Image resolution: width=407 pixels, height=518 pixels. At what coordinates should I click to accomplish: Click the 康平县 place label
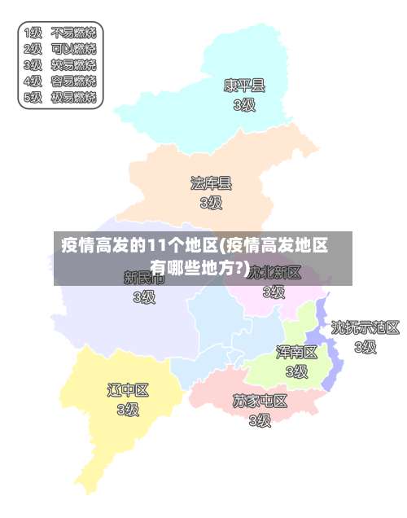pyautogui.click(x=244, y=85)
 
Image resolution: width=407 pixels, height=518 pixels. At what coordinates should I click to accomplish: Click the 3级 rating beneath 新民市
pyautogui.click(x=144, y=297)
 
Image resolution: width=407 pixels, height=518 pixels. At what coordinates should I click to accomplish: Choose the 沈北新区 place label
pyautogui.click(x=275, y=271)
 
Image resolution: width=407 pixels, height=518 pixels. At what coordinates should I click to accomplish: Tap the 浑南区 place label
pyautogui.click(x=296, y=352)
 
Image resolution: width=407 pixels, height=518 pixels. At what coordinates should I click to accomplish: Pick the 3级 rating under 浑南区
pyautogui.click(x=296, y=371)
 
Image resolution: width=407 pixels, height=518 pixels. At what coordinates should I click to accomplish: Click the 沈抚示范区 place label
pyautogui.click(x=365, y=327)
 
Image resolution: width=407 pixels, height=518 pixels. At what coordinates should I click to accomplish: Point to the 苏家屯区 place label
pyautogui.click(x=260, y=401)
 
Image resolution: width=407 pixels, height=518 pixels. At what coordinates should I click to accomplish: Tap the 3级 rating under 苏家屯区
pyautogui.click(x=260, y=420)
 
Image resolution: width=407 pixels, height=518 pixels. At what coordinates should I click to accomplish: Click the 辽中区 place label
pyautogui.click(x=129, y=390)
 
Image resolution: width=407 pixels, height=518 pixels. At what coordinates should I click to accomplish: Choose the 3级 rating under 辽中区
pyautogui.click(x=129, y=410)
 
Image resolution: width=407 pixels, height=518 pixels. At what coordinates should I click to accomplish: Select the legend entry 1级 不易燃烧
pyautogui.click(x=60, y=33)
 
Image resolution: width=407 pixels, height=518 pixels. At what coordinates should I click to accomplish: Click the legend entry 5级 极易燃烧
pyautogui.click(x=60, y=97)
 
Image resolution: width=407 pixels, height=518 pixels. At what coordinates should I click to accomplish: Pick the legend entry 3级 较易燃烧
pyautogui.click(x=60, y=64)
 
